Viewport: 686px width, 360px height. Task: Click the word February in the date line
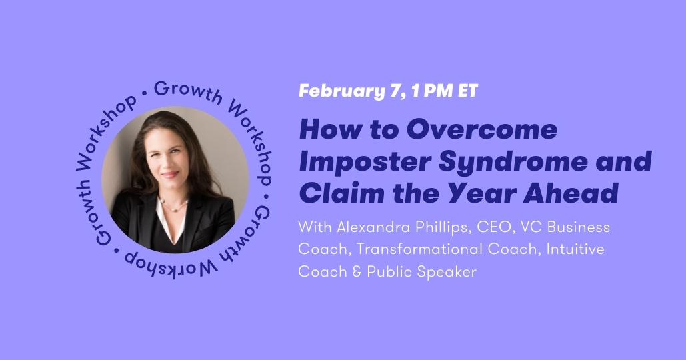click(336, 91)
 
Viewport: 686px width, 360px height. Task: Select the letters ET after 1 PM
click(468, 91)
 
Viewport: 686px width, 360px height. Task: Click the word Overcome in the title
click(482, 129)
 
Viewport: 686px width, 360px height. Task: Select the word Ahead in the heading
click(571, 193)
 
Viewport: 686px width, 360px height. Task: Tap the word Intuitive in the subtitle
click(575, 249)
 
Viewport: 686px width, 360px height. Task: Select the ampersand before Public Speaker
click(357, 271)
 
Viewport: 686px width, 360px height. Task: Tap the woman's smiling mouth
click(170, 174)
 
